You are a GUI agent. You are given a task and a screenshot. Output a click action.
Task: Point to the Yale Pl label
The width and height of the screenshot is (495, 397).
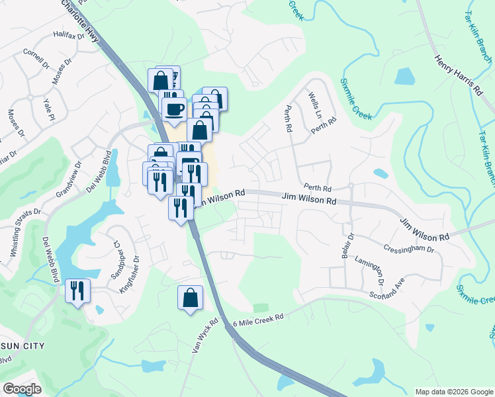coord(48,110)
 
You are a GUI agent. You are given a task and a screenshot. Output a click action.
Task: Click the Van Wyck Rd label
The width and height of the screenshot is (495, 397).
coord(204,336)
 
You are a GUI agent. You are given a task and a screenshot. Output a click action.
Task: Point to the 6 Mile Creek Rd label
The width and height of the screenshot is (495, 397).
coord(258,320)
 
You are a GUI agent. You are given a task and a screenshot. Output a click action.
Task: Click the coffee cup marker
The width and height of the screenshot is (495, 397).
coord(175,109)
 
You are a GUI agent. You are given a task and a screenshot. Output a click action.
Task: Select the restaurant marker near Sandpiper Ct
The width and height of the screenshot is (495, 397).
coord(77,290)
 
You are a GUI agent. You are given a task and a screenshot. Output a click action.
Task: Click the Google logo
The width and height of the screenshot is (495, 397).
coord(22,389)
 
